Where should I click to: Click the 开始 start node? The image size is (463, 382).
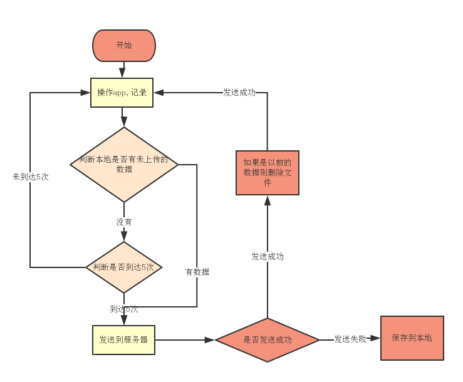[x=124, y=46]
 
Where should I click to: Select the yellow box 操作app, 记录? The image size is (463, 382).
[x=122, y=93]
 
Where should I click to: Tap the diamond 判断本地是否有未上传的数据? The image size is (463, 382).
[x=124, y=164]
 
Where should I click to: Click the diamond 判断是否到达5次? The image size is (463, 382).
[x=124, y=267]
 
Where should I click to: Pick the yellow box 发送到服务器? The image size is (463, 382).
[x=123, y=340]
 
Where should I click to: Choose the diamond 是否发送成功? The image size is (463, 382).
[x=268, y=340]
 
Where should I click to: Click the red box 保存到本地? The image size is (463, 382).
[x=412, y=338]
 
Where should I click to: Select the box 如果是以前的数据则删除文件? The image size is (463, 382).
[x=268, y=172]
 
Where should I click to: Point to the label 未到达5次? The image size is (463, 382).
[x=30, y=177]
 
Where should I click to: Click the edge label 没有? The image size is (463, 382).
[x=124, y=222]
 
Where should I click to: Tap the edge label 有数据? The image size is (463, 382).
[x=197, y=272]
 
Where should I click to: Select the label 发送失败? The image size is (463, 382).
[x=350, y=339]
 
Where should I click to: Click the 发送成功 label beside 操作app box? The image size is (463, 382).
[x=239, y=93]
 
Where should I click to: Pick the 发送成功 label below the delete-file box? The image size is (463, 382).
[x=268, y=257]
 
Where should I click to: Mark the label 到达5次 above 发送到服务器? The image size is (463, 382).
[x=124, y=309]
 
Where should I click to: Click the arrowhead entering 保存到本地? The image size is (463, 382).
[x=375, y=338]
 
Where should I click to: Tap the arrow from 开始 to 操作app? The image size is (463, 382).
[x=124, y=70]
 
